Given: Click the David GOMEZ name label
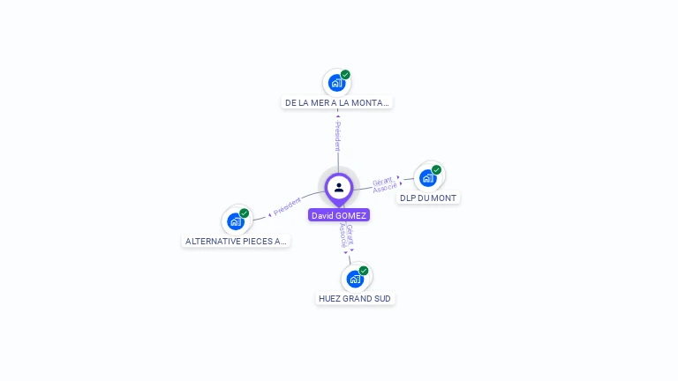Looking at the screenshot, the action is [x=339, y=215].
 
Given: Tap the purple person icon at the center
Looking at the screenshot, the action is [x=339, y=187].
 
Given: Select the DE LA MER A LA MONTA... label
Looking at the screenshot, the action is [x=336, y=102].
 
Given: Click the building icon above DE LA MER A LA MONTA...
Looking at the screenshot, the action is [x=335, y=83].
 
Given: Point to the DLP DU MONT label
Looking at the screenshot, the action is [x=428, y=198].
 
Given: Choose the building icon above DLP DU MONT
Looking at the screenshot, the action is [x=427, y=178].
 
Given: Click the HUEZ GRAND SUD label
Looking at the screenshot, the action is [x=355, y=298].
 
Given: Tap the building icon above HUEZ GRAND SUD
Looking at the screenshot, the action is [x=355, y=279].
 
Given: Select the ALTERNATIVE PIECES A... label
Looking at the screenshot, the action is [x=236, y=241].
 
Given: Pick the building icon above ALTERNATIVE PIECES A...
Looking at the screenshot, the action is [x=235, y=221].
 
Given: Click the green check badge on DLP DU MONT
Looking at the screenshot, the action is [x=436, y=170].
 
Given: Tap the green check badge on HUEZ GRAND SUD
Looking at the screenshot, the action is [x=364, y=271].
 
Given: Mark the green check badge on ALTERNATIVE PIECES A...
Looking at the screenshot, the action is [x=244, y=213].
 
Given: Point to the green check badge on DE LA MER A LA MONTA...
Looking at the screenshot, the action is [x=345, y=75].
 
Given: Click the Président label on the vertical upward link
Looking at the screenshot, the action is [x=337, y=136].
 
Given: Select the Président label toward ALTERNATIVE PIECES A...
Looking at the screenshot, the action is [x=287, y=206].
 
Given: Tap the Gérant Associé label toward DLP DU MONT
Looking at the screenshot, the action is [x=384, y=184].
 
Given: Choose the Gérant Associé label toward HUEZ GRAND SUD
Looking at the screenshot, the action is [x=347, y=236].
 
